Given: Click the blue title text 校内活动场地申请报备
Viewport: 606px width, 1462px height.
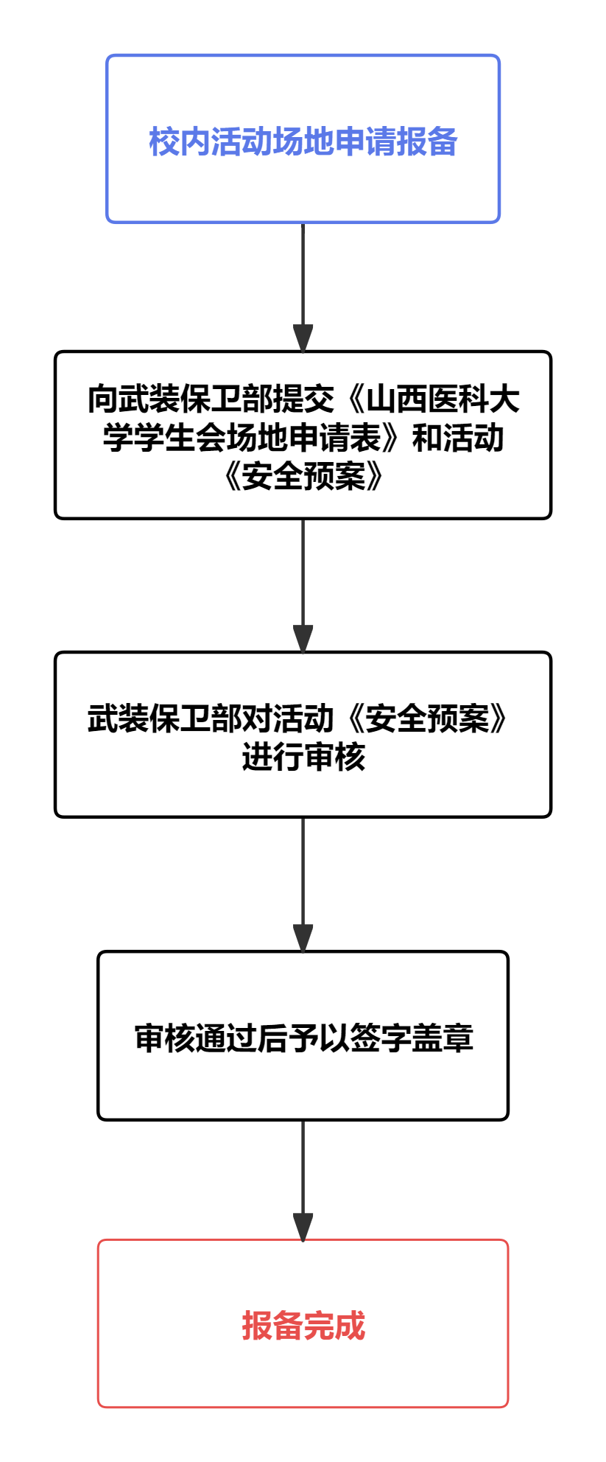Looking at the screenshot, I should coord(303,141).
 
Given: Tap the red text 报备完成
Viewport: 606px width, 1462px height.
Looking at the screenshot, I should coord(303,1326).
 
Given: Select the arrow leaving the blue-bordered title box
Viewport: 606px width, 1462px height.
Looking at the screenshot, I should coord(303,287).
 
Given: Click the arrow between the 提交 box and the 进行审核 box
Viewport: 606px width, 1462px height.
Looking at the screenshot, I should coord(303,586).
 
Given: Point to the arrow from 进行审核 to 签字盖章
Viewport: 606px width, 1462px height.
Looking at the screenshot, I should coord(303,884).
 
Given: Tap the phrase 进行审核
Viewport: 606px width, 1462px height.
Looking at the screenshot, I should coord(303,758).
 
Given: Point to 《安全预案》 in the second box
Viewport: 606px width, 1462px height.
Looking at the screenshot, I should coord(303,477).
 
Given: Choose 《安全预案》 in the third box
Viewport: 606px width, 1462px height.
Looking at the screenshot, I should coord(428,719).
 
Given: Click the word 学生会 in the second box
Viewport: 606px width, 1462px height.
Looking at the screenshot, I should coord(180,438).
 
